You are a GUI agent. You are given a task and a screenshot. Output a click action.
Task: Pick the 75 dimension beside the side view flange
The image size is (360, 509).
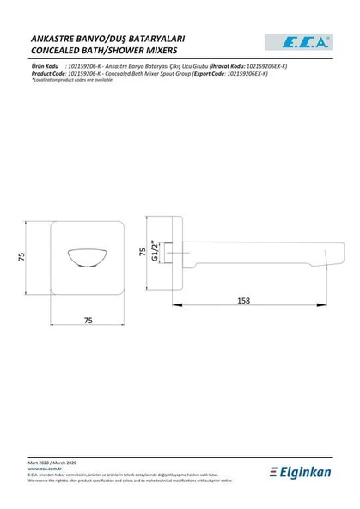(x=143, y=254)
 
